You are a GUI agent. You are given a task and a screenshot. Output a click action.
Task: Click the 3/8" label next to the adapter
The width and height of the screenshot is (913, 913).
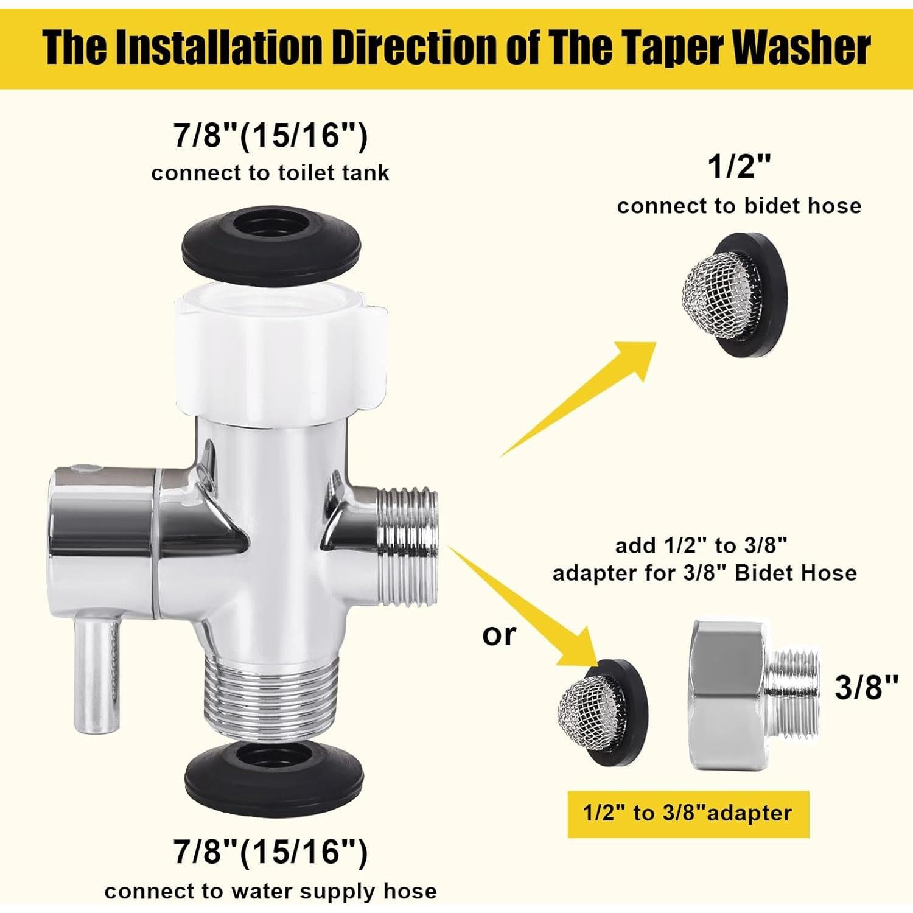pyautogui.click(x=866, y=687)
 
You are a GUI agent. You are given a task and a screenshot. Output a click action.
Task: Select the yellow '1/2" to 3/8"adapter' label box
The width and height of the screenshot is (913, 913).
pyautogui.click(x=688, y=814)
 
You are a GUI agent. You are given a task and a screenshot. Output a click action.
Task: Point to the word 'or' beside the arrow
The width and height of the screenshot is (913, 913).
pyautogui.click(x=498, y=635)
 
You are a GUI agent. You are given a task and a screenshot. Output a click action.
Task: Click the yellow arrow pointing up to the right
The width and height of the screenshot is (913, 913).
pyautogui.click(x=584, y=396)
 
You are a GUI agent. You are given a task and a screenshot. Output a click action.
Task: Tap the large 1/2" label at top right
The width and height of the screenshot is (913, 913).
pyautogui.click(x=739, y=167)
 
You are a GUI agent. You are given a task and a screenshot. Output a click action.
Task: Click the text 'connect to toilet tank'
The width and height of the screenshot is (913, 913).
pyautogui.click(x=270, y=173)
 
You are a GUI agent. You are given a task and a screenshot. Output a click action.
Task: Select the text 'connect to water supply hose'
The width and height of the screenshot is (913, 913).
pyautogui.click(x=270, y=892)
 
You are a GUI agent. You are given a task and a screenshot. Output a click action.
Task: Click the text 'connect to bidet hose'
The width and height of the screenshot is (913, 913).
pyautogui.click(x=739, y=206)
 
